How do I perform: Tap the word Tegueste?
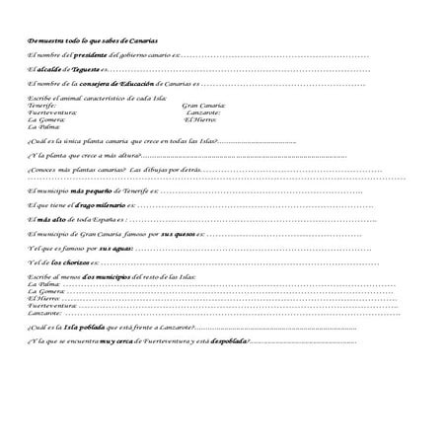(x=83, y=70)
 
